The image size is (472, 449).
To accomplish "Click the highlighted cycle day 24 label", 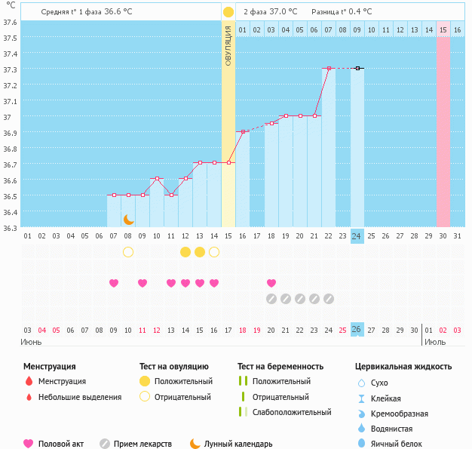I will (357, 236).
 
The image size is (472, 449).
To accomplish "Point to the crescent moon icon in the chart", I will (129, 219).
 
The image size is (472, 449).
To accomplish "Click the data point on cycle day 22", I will (329, 69).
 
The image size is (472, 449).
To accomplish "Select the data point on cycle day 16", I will (243, 131).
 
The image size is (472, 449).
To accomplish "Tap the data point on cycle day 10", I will (157, 179).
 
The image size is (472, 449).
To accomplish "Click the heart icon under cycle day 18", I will (271, 283).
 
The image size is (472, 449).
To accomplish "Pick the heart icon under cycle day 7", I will (114, 283).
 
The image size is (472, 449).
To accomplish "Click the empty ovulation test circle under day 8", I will (128, 251).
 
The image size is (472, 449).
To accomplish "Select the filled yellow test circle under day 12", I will (185, 251).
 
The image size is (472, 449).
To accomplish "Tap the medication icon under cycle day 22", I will (329, 299).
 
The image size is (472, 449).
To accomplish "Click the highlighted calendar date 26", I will (357, 330).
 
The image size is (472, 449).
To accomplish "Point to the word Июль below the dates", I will (434, 341).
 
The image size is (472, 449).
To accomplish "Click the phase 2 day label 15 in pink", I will (443, 29).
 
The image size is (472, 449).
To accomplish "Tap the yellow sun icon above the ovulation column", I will (228, 13).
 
